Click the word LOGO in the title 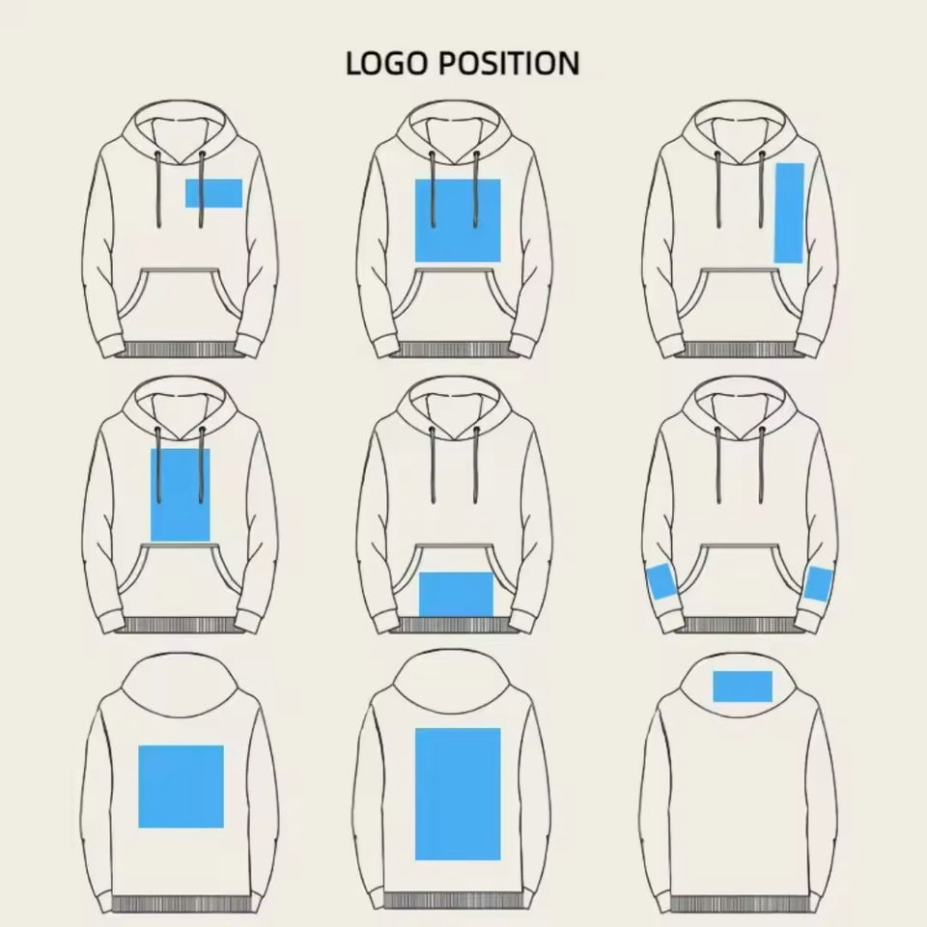click(x=385, y=64)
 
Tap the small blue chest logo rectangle click(x=213, y=193)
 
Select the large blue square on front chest click(x=459, y=220)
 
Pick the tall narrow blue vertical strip click(x=789, y=212)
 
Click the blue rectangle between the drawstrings click(x=181, y=494)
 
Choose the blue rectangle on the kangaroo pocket click(x=456, y=594)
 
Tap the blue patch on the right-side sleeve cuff click(x=819, y=583)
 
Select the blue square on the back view click(x=181, y=786)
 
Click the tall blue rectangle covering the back click(x=458, y=794)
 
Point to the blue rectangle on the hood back click(x=743, y=686)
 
